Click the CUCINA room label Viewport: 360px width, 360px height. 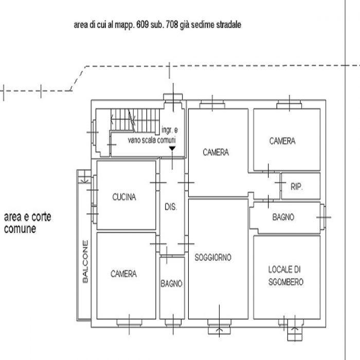[x=124, y=197]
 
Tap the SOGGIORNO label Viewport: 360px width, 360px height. [x=213, y=257]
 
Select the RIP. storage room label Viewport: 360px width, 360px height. [x=297, y=187]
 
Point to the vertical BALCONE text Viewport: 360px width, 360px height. [x=85, y=261]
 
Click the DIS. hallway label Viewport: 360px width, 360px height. [x=171, y=207]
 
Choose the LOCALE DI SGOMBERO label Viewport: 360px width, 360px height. [x=285, y=276]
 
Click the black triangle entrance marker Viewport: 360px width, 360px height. [x=172, y=149]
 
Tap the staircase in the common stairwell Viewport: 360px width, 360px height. [x=135, y=120]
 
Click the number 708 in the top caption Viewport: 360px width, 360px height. [x=172, y=25]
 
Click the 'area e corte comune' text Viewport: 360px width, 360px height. [x=28, y=223]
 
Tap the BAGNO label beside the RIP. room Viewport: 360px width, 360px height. [x=283, y=217]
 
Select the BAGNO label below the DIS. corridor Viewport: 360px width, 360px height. [x=171, y=284]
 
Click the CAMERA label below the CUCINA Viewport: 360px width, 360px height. [x=123, y=274]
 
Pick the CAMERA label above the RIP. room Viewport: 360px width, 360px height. [x=282, y=141]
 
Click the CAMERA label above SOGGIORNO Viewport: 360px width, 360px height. [x=216, y=152]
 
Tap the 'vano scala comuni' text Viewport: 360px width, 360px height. [x=152, y=140]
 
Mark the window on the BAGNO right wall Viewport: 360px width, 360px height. [x=323, y=217]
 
